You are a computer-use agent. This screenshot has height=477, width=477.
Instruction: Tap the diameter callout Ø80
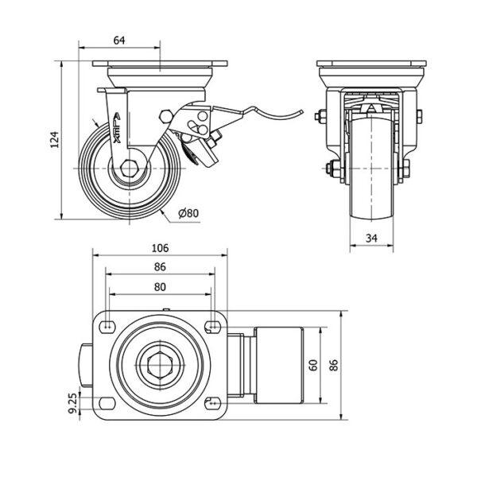click(x=188, y=213)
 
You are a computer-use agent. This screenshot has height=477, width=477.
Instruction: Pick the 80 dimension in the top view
click(x=160, y=286)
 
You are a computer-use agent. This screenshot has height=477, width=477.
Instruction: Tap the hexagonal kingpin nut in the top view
click(x=160, y=366)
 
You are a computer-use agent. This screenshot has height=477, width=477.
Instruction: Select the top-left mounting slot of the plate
click(x=106, y=324)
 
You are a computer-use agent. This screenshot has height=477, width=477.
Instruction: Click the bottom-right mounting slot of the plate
click(x=211, y=401)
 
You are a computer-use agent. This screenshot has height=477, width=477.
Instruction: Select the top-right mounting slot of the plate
click(x=211, y=324)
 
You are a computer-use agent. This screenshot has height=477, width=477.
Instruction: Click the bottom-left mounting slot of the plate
click(x=106, y=401)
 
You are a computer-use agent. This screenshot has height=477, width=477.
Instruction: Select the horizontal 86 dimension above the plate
click(x=160, y=266)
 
